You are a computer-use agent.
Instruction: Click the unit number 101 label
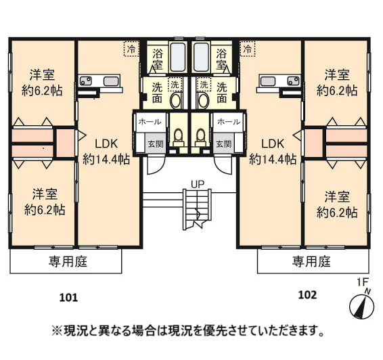pyautogui.click(x=69, y=296)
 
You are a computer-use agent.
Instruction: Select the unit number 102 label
pyautogui.click(x=307, y=295)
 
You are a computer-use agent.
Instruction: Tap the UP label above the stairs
pyautogui.click(x=198, y=184)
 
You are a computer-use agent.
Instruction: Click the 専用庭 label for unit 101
pyautogui.click(x=68, y=261)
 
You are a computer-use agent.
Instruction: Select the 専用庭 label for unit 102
pyautogui.click(x=311, y=261)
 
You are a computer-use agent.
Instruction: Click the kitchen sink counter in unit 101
pyautogui.click(x=99, y=83)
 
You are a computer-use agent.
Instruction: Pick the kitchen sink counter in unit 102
pyautogui.click(x=279, y=83)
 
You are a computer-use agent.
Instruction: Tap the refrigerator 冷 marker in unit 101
pyautogui.click(x=129, y=49)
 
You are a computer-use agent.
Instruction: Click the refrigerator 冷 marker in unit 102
pyautogui.click(x=248, y=49)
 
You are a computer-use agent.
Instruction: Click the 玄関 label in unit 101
pyautogui.click(x=156, y=144)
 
